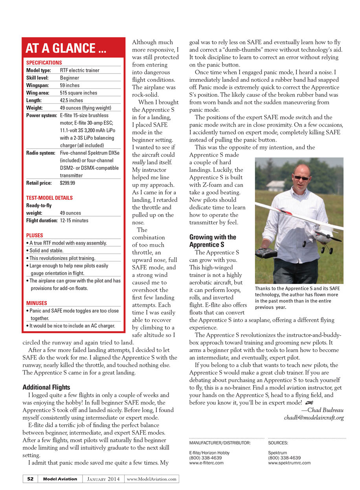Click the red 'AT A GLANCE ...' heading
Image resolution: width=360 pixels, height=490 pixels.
tap(66, 48)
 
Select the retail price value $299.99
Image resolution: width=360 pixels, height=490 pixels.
tap(67, 183)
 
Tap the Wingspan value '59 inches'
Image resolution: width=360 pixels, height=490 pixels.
tap(70, 85)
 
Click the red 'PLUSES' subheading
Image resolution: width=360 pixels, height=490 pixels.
tap(35, 236)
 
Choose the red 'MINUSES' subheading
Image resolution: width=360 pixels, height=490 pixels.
tap(37, 303)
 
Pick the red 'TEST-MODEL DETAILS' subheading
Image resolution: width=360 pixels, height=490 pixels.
tap(50, 198)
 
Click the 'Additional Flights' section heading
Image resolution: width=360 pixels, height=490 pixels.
tap(46, 387)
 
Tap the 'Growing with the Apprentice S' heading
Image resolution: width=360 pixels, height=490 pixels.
tap(212, 241)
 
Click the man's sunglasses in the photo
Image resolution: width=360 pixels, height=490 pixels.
tap(301, 178)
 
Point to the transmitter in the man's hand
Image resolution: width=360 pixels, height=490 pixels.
tap(266, 254)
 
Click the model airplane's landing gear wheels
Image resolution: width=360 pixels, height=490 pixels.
tap(325, 249)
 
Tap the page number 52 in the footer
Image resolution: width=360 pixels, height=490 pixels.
tap(30, 479)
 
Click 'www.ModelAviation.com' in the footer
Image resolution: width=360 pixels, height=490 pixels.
tap(152, 479)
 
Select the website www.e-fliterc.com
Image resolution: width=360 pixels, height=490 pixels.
tap(206, 463)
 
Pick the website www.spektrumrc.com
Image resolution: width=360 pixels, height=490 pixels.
tap(289, 463)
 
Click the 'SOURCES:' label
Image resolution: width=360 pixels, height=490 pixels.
tap(278, 443)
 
